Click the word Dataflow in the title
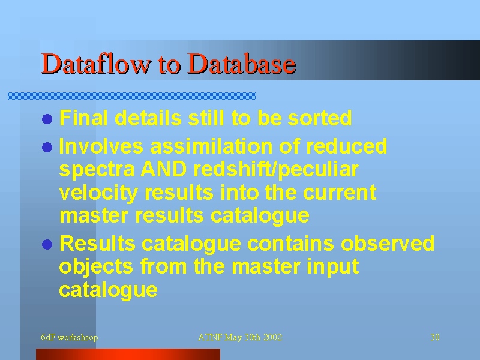click(96, 64)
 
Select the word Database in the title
click(242, 64)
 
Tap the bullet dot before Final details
click(47, 119)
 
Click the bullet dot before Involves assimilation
click(47, 147)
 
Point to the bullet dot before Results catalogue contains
click(47, 245)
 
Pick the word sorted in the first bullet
click(320, 118)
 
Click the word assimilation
click(211, 146)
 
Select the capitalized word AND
click(163, 169)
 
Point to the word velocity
click(98, 193)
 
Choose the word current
click(340, 193)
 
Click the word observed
click(388, 244)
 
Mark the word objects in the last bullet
click(96, 267)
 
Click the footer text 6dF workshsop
click(70, 337)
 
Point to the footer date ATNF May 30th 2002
click(240, 337)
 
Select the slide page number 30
click(435, 337)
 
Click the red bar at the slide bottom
click(128, 354)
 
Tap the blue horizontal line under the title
click(131, 95)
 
